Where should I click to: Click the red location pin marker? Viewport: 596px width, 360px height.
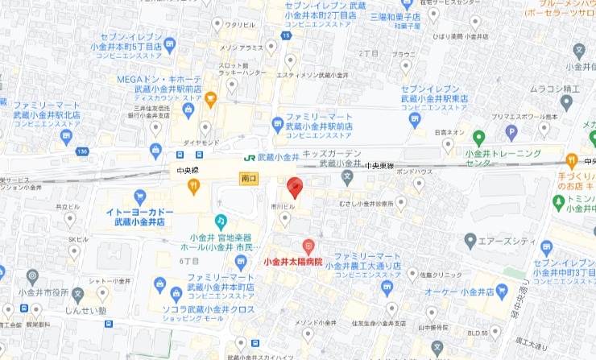point(294,186)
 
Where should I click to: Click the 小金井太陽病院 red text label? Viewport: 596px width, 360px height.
point(293,262)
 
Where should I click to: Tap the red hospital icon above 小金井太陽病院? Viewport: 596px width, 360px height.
point(308,246)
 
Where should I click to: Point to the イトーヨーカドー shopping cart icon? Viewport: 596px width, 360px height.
point(140,196)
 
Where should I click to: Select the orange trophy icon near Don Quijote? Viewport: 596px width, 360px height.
point(210,100)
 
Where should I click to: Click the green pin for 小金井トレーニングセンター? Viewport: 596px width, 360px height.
point(478,138)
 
